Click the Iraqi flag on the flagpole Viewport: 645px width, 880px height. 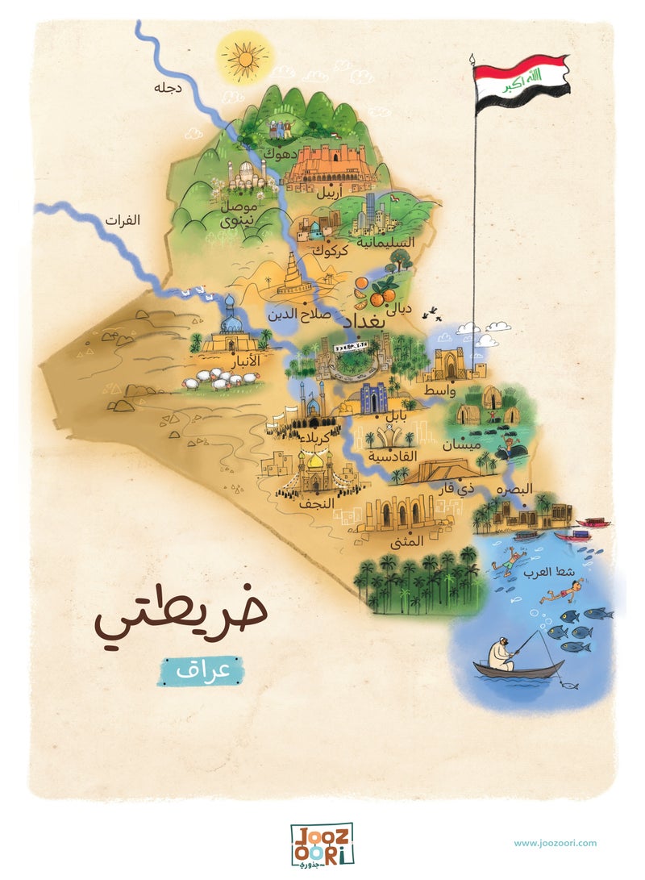coord(521,83)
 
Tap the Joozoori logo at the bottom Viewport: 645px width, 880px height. coord(322,844)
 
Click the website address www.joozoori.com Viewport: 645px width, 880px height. coord(555,843)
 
